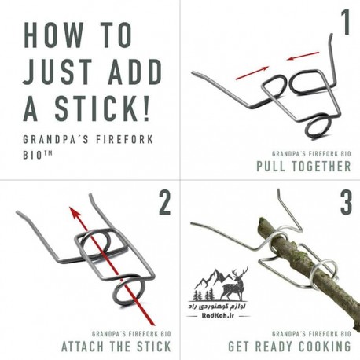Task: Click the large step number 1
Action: point(346,22)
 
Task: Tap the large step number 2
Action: point(165,203)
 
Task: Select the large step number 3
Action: point(346,203)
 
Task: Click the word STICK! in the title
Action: point(102,108)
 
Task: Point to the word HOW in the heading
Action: point(53,35)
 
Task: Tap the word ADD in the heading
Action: point(135,72)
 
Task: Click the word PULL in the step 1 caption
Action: point(270,166)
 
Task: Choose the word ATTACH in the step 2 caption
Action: point(83,347)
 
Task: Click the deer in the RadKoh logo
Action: point(234,285)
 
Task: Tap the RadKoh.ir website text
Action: point(218,315)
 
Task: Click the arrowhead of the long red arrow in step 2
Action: point(75,212)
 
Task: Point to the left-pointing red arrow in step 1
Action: point(303,56)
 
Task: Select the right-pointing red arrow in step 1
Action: point(252,73)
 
